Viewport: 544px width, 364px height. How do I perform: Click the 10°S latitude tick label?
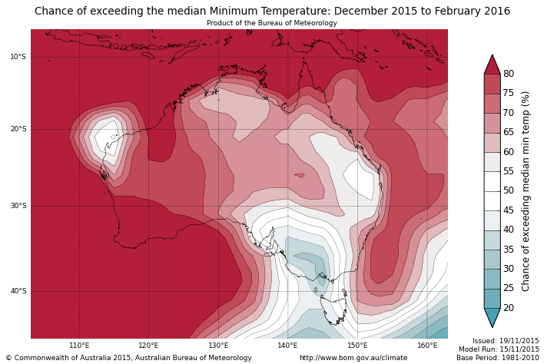[x=18, y=57]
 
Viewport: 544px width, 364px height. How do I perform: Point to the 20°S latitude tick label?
[x=18, y=129]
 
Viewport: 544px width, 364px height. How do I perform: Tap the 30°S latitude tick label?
[x=18, y=206]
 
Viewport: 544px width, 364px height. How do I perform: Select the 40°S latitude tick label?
[x=18, y=291]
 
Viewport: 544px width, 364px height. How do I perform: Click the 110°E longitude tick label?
[x=79, y=346]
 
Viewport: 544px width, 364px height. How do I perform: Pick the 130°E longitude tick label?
[x=218, y=346]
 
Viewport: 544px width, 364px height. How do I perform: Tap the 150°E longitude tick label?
[x=357, y=346]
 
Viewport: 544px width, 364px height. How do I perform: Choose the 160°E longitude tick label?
[x=427, y=346]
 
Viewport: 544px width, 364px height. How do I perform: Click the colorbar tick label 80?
[x=509, y=74]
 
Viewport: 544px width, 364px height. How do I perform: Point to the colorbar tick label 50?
[x=509, y=190]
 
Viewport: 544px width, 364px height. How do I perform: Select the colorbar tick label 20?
[x=509, y=308]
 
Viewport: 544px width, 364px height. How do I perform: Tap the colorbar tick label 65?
[x=509, y=132]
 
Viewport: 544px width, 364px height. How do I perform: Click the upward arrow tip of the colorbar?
[x=493, y=56]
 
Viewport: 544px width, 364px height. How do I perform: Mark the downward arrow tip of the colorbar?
[x=493, y=326]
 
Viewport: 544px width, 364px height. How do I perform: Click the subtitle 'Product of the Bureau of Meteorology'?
[x=272, y=23]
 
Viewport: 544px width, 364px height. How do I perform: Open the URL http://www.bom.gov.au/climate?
[x=353, y=358]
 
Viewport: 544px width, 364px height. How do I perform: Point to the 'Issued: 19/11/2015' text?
[x=506, y=340]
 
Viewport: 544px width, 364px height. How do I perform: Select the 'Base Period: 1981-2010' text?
[x=498, y=358]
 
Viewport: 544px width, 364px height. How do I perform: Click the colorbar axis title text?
[x=526, y=190]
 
